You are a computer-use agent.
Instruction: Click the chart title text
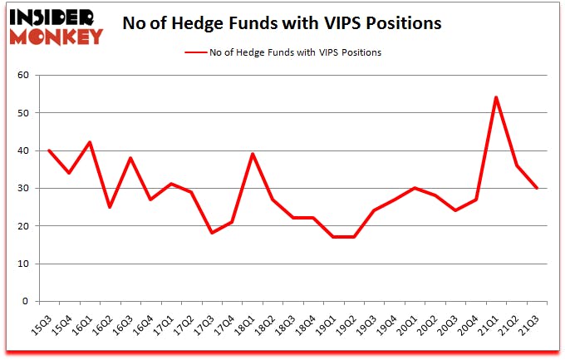click(282, 24)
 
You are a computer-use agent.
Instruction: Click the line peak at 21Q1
click(496, 97)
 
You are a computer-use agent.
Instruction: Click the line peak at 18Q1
click(252, 154)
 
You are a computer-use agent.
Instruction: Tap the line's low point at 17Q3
click(212, 233)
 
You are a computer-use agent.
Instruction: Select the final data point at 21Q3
click(537, 188)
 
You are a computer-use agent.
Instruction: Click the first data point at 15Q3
click(49, 150)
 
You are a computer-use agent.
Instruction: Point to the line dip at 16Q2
click(110, 207)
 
